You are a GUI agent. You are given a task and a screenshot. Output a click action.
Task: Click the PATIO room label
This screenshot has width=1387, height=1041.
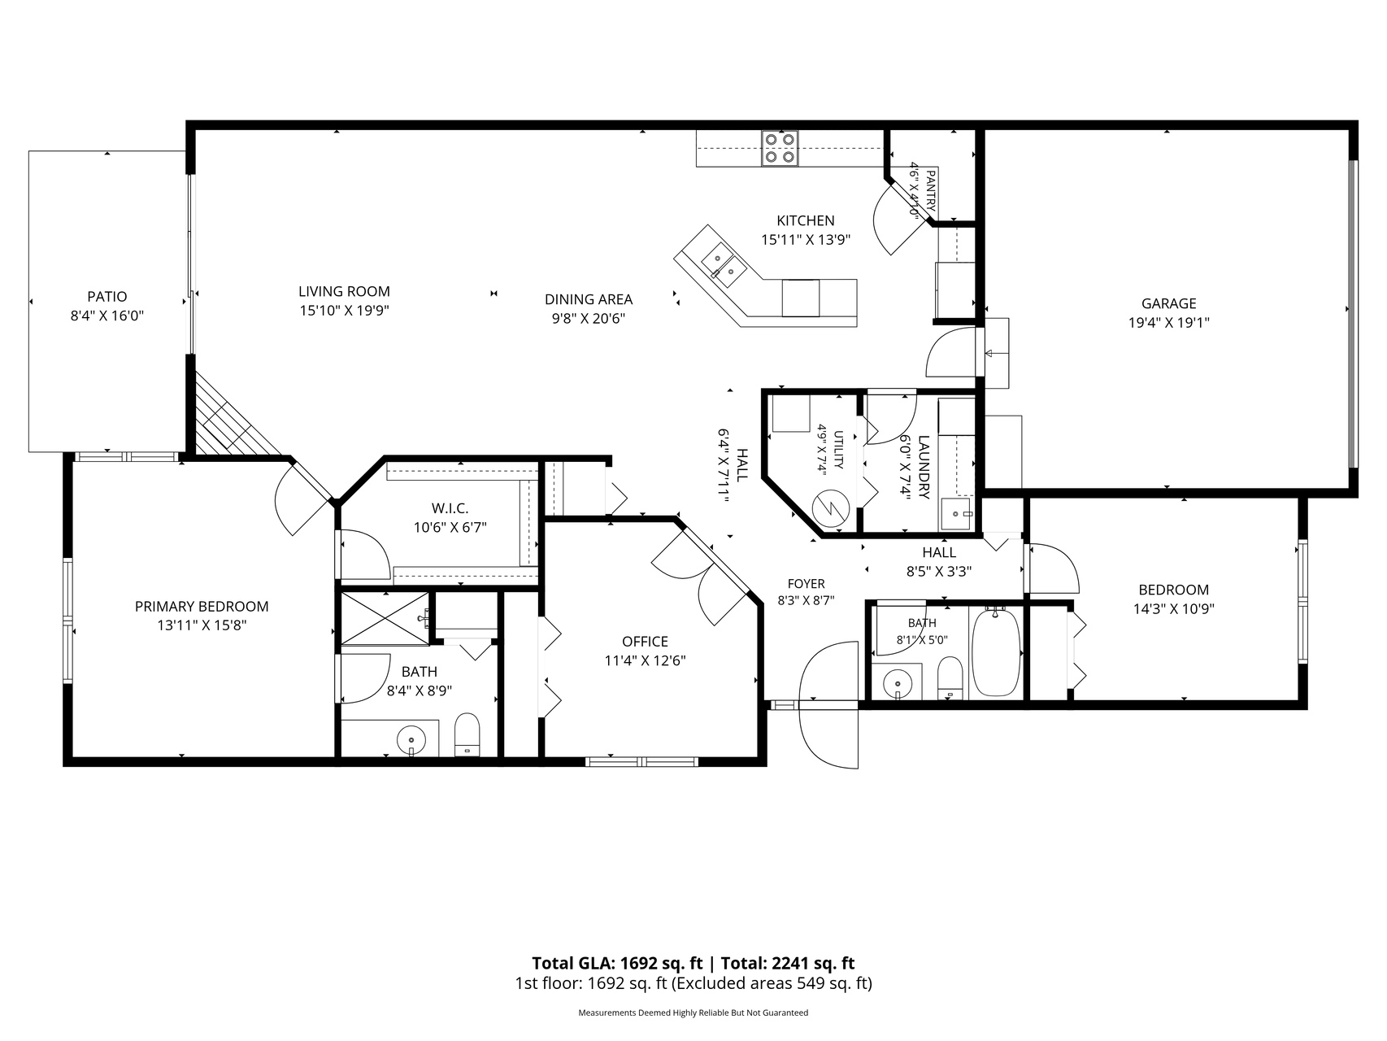[107, 297]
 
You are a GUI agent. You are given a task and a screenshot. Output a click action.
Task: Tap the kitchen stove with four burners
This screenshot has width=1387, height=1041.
[780, 149]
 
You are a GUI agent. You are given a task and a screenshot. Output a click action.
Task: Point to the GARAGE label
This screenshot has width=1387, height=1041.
[1168, 303]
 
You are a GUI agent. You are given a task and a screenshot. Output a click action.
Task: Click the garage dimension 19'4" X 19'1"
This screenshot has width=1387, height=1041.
[1168, 322]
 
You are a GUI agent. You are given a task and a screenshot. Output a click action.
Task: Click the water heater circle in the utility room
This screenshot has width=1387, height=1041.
[833, 508]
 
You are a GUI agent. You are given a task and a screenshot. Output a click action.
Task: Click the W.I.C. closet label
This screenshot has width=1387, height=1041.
[450, 508]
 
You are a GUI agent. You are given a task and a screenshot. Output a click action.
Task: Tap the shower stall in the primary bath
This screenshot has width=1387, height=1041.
[385, 618]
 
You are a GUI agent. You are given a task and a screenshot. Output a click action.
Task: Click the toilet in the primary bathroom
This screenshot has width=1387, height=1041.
[467, 735]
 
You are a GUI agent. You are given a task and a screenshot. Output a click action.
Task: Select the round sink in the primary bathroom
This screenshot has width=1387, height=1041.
[411, 740]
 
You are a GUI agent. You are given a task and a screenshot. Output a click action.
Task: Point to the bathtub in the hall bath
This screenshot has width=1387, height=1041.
[996, 652]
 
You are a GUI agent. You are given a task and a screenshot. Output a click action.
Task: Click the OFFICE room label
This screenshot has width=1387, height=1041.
[645, 642]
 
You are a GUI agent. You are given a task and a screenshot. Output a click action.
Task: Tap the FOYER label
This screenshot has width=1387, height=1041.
[806, 584]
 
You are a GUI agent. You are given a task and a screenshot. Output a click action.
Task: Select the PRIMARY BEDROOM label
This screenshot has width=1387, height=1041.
[202, 607]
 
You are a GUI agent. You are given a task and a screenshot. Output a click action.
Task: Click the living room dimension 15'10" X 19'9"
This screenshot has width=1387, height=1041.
[344, 310]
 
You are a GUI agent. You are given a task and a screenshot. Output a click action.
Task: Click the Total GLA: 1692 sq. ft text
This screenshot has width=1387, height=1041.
[617, 964]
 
